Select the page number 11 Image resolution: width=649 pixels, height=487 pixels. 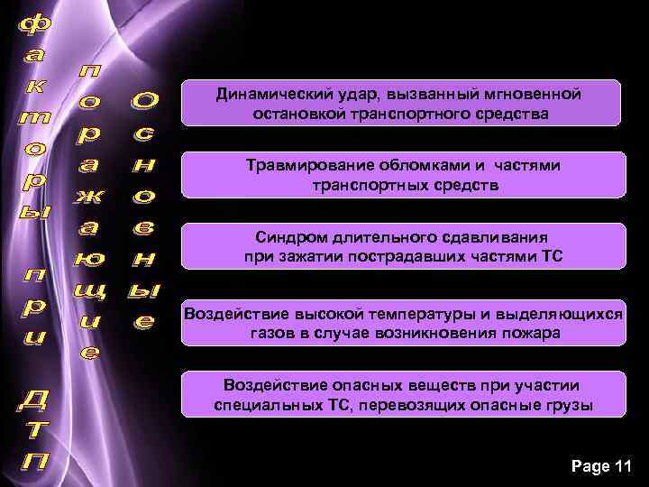(x=623, y=466)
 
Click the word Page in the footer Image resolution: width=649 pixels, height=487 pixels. (x=590, y=466)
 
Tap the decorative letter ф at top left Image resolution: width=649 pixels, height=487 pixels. (x=33, y=28)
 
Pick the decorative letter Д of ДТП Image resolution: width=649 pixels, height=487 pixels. (x=33, y=398)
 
